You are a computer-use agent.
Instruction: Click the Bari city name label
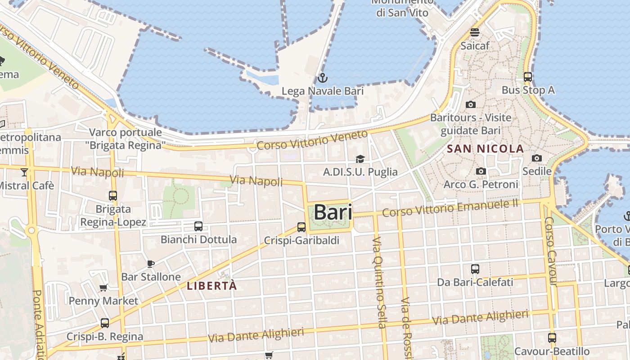333,212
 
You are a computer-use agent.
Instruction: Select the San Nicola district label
485,148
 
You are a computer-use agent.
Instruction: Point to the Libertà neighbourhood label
211,286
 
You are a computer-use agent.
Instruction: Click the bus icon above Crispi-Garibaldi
301,227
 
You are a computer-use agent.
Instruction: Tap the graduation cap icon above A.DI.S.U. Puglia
360,159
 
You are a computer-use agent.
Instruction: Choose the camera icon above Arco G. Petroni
481,171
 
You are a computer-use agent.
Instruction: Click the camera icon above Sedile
537,158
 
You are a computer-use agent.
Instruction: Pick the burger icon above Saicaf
475,32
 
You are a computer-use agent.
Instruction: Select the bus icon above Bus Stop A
528,77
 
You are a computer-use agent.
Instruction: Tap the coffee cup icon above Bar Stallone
151,264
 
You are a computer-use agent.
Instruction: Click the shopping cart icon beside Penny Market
103,288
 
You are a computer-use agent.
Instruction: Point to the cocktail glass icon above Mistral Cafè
24,172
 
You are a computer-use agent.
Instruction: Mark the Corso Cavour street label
550,251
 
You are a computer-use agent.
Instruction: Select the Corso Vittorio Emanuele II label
450,208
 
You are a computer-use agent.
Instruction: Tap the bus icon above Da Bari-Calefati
475,269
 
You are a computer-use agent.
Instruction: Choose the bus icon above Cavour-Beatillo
552,337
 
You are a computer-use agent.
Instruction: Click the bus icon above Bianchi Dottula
198,226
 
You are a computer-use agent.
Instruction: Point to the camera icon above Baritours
471,105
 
